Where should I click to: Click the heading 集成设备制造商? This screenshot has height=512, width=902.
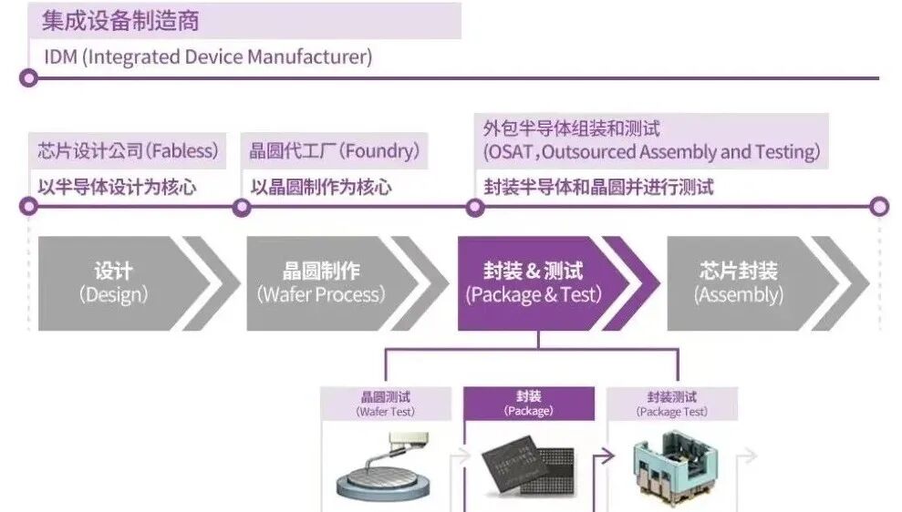(120, 20)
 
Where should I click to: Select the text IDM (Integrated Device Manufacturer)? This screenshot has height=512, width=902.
(208, 56)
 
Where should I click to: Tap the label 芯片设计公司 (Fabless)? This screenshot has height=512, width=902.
(128, 150)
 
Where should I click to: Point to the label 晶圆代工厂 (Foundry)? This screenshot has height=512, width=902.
(335, 150)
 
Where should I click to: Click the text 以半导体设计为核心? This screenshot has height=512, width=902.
(117, 187)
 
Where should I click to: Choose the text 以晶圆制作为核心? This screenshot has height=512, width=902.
(321, 187)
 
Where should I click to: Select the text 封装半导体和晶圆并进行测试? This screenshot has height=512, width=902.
(598, 187)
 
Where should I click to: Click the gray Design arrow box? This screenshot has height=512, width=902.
(113, 283)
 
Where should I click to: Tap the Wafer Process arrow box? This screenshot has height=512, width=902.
(321, 283)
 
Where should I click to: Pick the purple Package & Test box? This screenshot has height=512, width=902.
(534, 283)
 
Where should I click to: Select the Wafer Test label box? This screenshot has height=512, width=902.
(385, 404)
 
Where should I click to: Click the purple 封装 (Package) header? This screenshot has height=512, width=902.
(529, 404)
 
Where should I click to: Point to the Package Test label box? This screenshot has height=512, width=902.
(672, 404)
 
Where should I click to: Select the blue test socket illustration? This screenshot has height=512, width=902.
(672, 469)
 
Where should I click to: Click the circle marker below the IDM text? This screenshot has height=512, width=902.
(29, 78)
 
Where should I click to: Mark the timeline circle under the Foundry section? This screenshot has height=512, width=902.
(242, 207)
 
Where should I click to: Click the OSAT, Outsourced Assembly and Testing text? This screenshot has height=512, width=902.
(651, 152)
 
